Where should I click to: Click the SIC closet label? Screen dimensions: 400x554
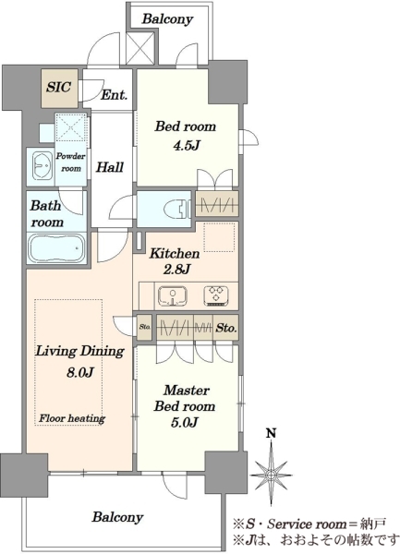point(58,87)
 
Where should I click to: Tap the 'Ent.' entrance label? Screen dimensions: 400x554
point(114,95)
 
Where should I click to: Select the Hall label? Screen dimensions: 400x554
point(110,167)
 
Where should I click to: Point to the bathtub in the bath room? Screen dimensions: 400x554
point(56,248)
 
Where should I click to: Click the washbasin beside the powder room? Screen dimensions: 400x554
point(42,166)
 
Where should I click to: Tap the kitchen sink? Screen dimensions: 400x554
point(173,295)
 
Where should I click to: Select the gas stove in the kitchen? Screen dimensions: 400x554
point(216,295)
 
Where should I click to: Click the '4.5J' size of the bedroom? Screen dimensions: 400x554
point(187,145)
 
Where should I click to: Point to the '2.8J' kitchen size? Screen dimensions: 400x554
point(176,270)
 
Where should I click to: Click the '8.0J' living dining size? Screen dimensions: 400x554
point(80,372)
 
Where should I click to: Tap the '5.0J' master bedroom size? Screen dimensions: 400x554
point(184,422)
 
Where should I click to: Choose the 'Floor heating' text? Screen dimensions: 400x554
point(72,418)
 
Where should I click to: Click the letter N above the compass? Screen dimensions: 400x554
point(271,433)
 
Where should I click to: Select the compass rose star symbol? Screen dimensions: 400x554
point(271,475)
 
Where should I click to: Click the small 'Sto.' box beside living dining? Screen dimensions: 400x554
point(144,327)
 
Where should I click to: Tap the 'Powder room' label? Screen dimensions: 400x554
point(71,163)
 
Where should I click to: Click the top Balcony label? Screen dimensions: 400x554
point(167,18)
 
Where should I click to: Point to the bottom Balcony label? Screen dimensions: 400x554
point(117,517)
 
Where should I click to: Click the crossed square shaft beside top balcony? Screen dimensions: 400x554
point(140,47)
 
